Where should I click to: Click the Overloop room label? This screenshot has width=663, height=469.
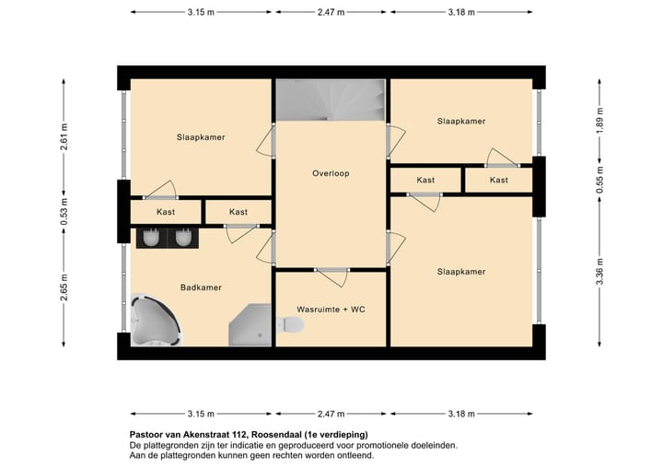coord(331,173)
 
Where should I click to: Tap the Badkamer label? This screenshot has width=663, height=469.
coord(202,287)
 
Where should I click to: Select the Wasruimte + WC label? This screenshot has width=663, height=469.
coord(331,310)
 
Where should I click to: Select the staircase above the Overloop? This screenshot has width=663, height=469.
coord(331,100)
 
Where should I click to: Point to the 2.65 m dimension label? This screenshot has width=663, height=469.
coord(64,287)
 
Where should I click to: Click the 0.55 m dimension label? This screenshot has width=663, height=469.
coord(599,180)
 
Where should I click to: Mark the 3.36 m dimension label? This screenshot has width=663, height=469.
coord(599,271)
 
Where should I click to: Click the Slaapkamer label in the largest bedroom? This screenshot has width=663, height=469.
coord(461,272)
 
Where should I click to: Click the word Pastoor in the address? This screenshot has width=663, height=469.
coord(146,434)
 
